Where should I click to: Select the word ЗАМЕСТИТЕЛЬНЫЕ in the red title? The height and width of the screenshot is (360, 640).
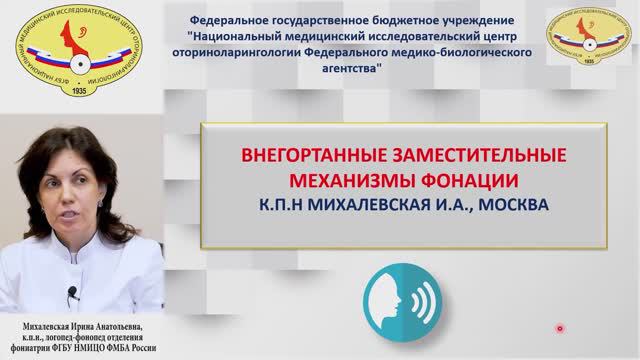point(481,157)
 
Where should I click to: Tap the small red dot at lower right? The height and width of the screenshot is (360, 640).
point(560,328)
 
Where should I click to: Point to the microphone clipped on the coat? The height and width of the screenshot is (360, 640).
point(72,293)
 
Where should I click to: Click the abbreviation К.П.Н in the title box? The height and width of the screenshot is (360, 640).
point(283,205)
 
